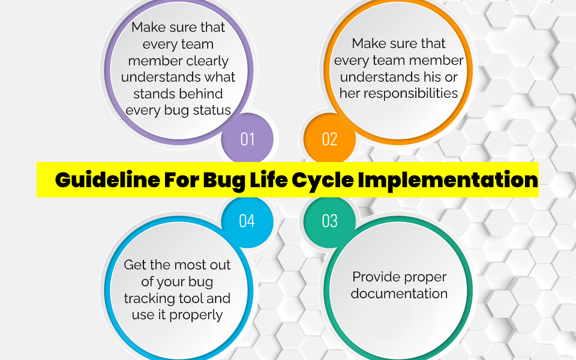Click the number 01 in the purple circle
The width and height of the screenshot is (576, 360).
[247, 139]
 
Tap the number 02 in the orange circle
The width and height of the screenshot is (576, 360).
[329, 139]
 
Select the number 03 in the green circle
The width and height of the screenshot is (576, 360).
[329, 221]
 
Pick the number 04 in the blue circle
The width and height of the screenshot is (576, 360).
[247, 221]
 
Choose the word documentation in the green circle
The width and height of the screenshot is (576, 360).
[399, 293]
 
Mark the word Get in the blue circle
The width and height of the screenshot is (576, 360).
[136, 265]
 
